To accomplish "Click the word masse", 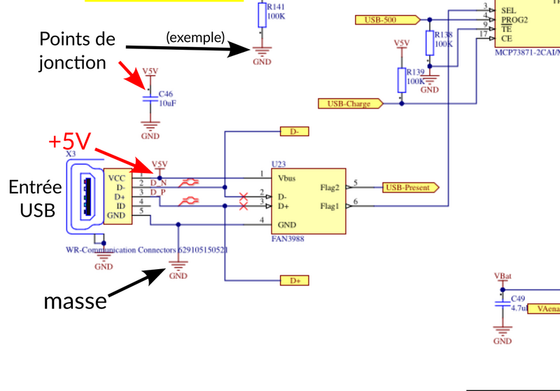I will click(x=75, y=301).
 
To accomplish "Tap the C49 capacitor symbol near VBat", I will click(x=501, y=303).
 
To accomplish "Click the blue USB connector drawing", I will click(x=85, y=195).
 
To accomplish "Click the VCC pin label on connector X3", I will click(x=116, y=178).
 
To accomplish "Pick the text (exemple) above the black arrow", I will click(x=195, y=36).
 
